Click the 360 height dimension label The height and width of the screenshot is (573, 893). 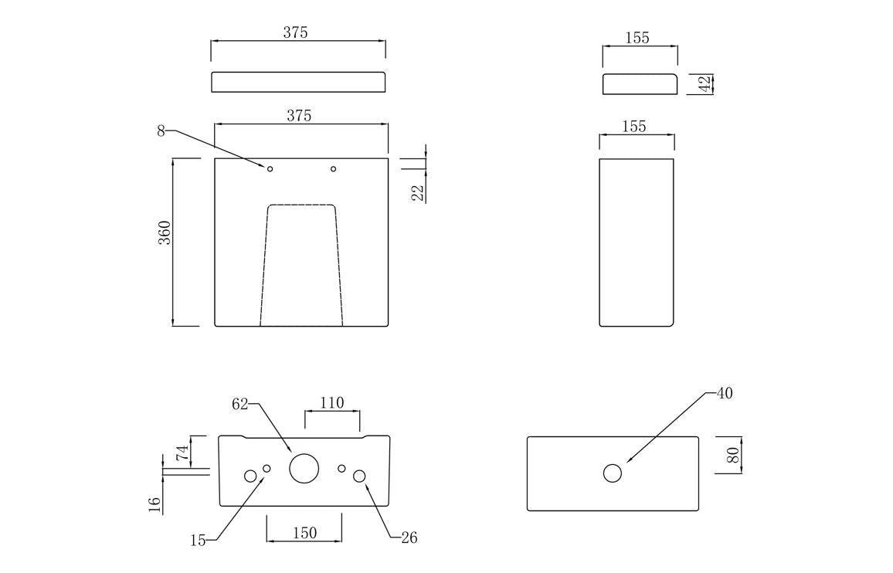pos(165,232)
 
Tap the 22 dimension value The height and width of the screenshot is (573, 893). pos(418,192)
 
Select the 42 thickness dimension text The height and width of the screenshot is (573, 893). pos(705,83)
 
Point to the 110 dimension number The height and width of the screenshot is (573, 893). pos(331,402)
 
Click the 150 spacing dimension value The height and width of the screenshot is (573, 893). pos(304,533)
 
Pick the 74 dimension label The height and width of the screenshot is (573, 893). pos(182,453)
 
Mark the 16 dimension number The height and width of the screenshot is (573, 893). pos(154,504)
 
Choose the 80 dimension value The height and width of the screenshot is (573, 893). pos(733,455)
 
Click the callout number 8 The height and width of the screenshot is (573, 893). pos(161,131)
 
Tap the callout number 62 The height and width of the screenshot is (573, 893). pos(240,403)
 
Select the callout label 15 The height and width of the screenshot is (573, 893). pos(198,541)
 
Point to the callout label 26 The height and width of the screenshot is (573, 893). pos(409,537)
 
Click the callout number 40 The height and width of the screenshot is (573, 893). pos(724,393)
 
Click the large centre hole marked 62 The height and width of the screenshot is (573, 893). pos(304,468)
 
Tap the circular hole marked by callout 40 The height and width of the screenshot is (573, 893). pos(613,473)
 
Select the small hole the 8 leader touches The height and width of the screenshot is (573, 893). pos(270,169)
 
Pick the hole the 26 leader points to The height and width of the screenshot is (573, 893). pos(360,476)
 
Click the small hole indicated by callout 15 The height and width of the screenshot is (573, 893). pos(267,469)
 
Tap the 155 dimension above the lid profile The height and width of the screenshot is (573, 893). pos(637,38)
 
